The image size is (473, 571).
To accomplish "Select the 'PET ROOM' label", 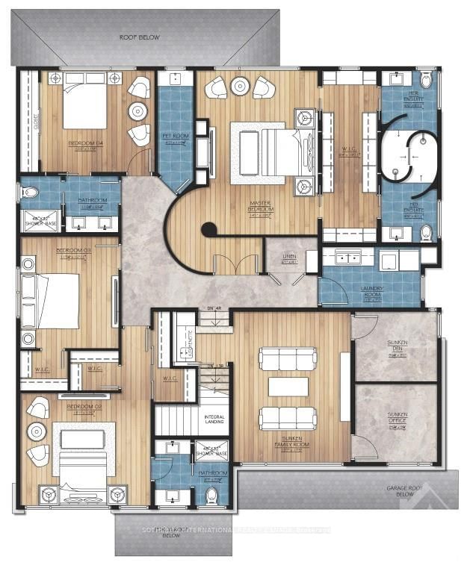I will (173, 137).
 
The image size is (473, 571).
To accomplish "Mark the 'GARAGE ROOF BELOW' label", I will (406, 490).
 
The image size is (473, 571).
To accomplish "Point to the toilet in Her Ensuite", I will (426, 80).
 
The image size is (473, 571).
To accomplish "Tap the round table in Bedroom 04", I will (137, 112).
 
